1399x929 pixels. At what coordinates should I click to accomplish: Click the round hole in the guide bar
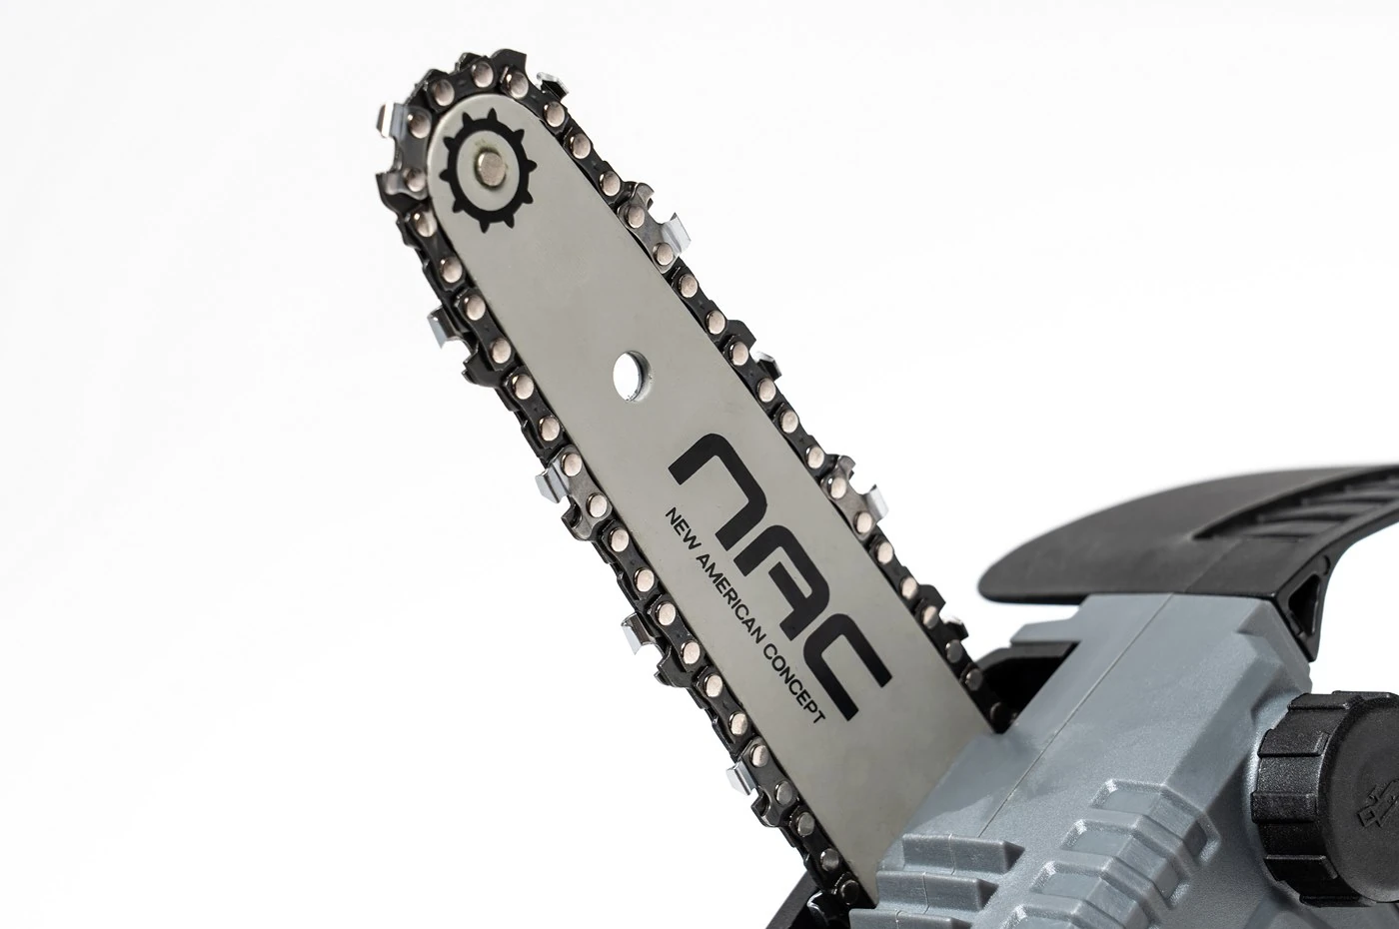pos(630,376)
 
